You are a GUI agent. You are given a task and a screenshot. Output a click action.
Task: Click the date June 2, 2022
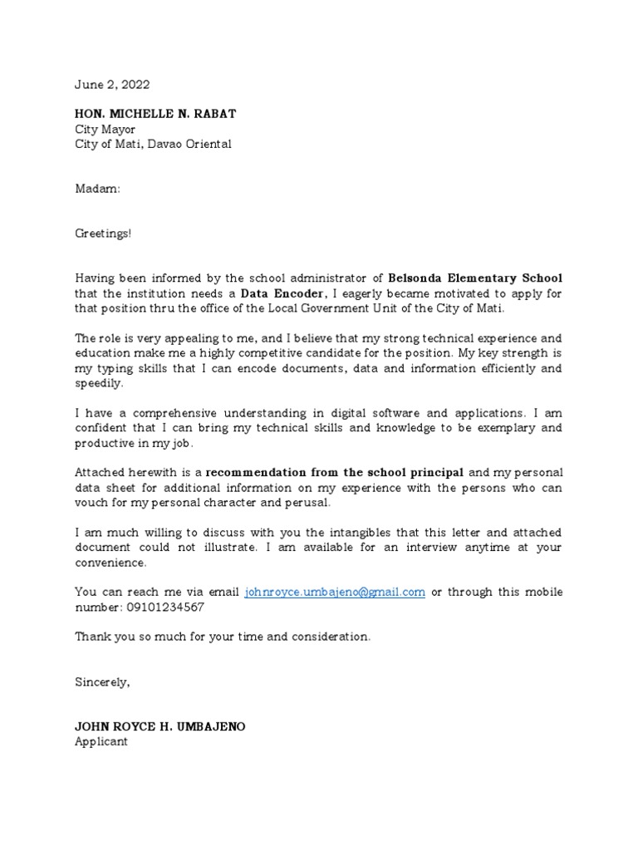coord(113,85)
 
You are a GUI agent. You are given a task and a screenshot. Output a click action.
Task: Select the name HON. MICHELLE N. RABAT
coord(155,114)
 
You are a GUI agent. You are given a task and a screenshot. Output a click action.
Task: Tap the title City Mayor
coord(106,129)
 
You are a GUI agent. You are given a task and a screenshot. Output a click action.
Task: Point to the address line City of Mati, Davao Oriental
coord(154,144)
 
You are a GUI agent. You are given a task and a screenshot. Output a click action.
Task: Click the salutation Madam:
coord(98,189)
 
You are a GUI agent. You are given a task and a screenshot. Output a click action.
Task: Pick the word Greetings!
coord(104,234)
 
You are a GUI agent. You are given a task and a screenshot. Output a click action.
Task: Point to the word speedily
coord(99,383)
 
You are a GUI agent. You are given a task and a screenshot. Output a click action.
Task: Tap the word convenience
coord(110,563)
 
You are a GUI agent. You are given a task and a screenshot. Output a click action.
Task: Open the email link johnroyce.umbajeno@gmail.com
coord(335,593)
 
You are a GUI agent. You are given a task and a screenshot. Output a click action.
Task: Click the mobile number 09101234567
coord(164,608)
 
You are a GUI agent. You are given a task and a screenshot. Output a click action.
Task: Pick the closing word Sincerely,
coord(103,682)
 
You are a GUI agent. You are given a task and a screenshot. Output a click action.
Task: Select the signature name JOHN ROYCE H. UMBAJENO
coord(160,727)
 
